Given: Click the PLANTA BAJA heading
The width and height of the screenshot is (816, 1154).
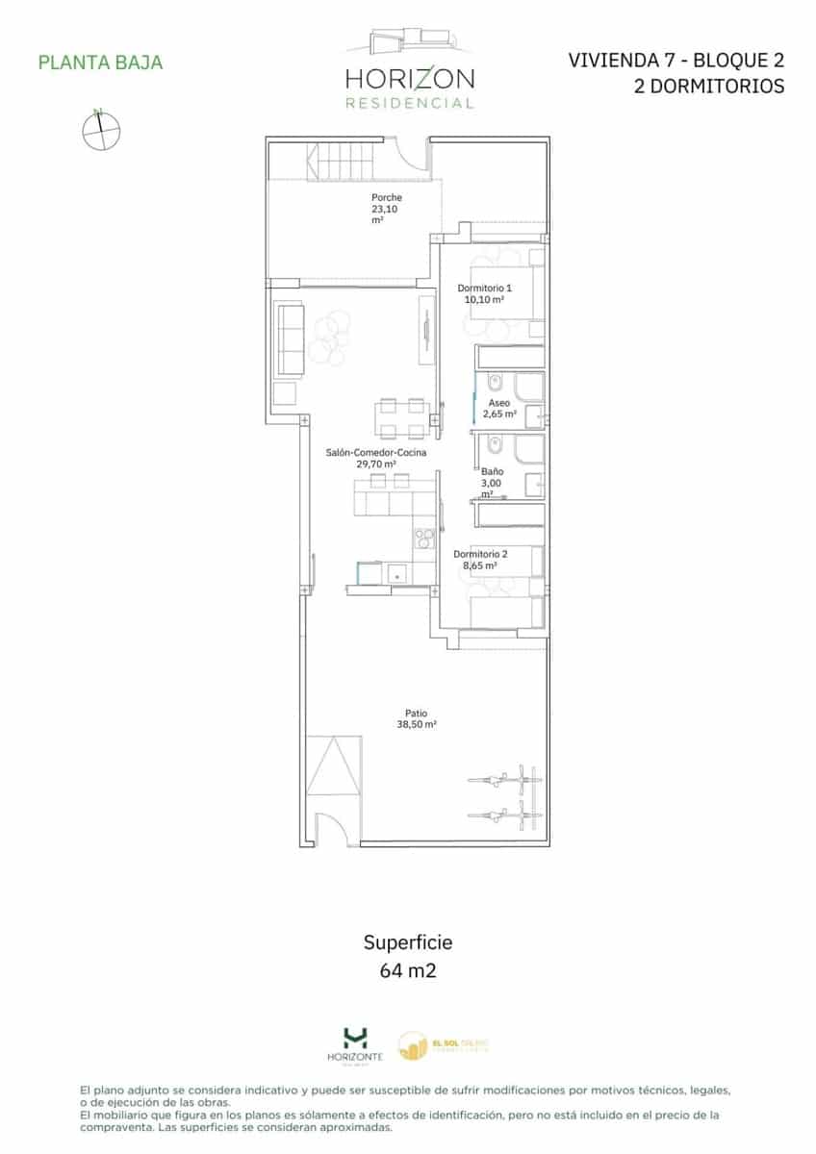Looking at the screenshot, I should (100, 63).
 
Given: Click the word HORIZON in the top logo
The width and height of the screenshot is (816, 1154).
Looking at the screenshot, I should (409, 79).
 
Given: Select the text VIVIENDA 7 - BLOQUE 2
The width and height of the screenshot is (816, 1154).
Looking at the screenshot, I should (676, 61).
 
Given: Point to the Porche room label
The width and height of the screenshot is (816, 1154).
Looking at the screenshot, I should (386, 198).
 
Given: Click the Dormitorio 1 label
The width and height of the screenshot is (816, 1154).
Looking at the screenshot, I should (484, 288).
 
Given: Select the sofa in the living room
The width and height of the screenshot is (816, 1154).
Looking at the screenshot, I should (290, 339).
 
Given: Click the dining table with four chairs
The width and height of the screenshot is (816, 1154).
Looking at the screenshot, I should (400, 417).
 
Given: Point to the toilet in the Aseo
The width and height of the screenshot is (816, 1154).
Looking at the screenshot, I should (492, 385).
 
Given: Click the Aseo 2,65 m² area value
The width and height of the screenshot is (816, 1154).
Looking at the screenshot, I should (499, 414).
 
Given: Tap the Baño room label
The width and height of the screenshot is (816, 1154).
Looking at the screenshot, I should (492, 471).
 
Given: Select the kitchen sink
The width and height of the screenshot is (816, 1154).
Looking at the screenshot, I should (396, 573).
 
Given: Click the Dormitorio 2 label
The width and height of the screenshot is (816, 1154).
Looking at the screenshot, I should (479, 554).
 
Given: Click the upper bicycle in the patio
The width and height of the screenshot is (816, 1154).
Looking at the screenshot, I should (501, 780).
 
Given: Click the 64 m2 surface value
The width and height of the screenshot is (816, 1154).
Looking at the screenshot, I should (408, 970).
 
